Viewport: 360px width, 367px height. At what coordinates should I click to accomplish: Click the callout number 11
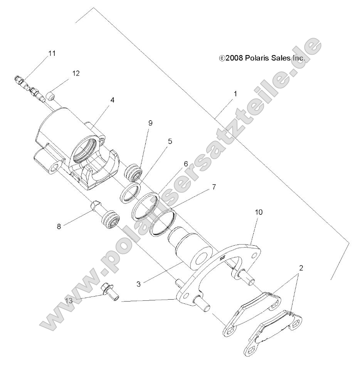click(52, 54)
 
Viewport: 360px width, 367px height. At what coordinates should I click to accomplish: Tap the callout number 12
click(76, 73)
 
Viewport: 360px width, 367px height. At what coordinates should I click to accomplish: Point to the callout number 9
click(150, 123)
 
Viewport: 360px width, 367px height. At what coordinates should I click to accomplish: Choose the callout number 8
click(59, 227)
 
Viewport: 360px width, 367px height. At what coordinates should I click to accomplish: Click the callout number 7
click(214, 187)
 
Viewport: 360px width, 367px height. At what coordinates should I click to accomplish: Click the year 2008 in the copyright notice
click(234, 59)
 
